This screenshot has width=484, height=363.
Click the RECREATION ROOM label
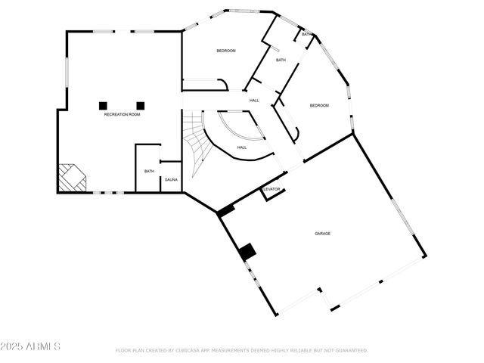pos(123,114)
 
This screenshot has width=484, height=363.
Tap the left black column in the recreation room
pos(104,105)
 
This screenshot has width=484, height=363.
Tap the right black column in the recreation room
pos(140,105)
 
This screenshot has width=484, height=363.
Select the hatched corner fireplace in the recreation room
pos(72,178)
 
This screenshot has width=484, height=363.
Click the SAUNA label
pos(171,180)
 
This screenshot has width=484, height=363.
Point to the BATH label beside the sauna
pos(149,171)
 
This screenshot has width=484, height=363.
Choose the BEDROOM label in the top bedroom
pos(226,51)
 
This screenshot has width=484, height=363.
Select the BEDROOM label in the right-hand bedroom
pos(319,106)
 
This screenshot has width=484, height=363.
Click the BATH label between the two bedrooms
pos(281,60)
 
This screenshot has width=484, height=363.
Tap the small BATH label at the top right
pos(306,35)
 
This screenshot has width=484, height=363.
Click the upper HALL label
pos(255,100)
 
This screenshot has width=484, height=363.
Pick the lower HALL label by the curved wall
pos(242,147)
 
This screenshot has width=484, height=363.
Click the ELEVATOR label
pos(271,189)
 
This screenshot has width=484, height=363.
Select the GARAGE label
pos(323,234)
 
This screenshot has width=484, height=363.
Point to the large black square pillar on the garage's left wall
pos(247,253)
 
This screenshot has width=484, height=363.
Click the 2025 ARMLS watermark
pos(30,346)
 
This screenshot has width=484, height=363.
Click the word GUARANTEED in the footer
pos(352,351)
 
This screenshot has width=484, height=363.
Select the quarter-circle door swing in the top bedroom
pos(220,84)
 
